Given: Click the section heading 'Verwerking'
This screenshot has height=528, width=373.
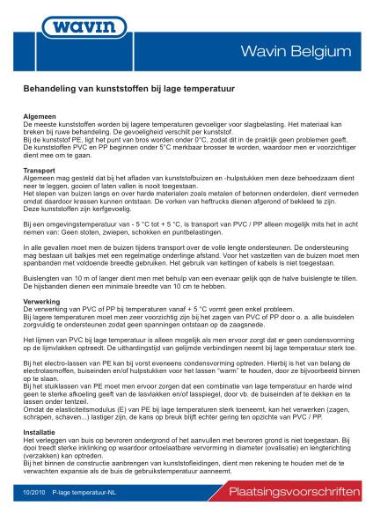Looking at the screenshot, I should click(41, 302).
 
